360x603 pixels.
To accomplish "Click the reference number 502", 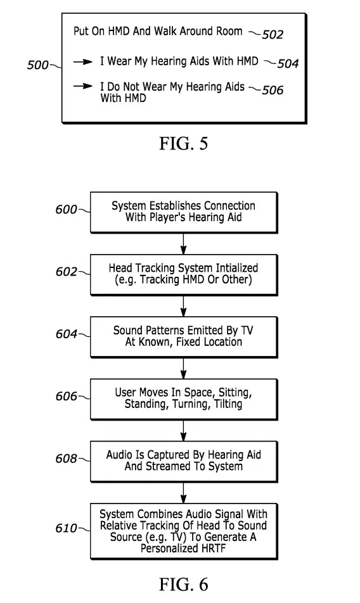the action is (273, 35).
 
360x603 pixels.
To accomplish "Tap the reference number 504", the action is (288, 63).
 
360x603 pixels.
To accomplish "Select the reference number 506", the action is (273, 91).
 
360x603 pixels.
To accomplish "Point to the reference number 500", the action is (37, 65).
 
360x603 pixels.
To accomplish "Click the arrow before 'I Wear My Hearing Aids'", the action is (82, 61).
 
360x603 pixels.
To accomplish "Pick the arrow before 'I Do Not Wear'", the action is (82, 86).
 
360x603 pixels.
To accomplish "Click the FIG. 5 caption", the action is (183, 143).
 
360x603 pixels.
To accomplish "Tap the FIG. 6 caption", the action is (183, 585).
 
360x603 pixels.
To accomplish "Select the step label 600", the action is (66, 209).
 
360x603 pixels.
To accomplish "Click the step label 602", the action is (66, 272).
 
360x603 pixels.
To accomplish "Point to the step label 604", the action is (66, 334).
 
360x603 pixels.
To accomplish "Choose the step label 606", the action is (66, 396).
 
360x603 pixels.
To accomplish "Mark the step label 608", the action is (66, 459).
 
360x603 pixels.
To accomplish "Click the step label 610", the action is (66, 528).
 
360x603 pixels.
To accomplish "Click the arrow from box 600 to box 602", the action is (183, 243).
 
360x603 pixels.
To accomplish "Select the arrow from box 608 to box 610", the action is (183, 493).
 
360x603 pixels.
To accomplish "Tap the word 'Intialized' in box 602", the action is (236, 268).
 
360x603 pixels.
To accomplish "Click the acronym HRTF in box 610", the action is (211, 548).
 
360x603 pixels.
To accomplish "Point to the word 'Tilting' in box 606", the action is (228, 404).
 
